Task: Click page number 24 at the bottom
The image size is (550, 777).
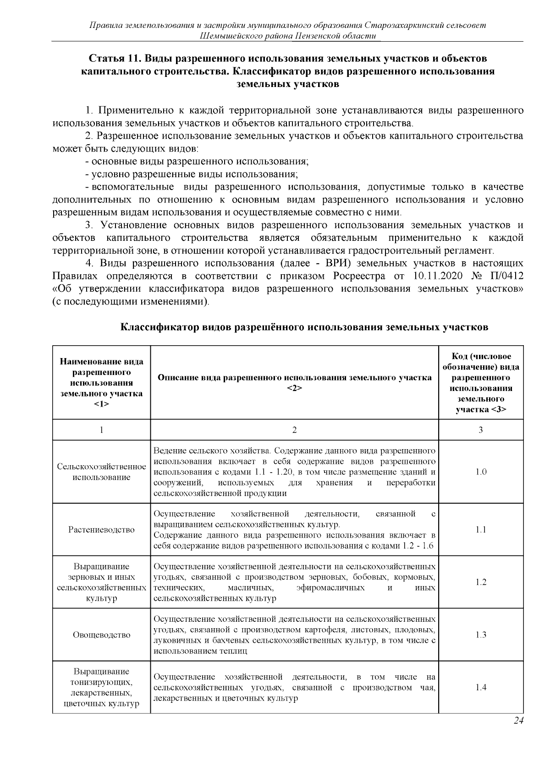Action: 518,721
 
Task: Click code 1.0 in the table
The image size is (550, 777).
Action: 480,472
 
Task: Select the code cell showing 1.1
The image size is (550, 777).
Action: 480,530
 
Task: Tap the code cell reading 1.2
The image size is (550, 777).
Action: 480,582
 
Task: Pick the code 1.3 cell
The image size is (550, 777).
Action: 480,635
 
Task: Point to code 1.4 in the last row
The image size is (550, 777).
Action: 480,687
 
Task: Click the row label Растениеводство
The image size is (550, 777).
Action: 101,530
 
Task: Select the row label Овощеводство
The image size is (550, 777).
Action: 101,635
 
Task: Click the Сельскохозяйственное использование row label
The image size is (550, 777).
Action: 101,472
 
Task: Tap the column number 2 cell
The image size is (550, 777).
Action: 294,430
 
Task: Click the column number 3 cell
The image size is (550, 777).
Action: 480,430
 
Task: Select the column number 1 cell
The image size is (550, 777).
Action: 101,430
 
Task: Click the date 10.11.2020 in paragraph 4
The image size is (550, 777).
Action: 437,277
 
